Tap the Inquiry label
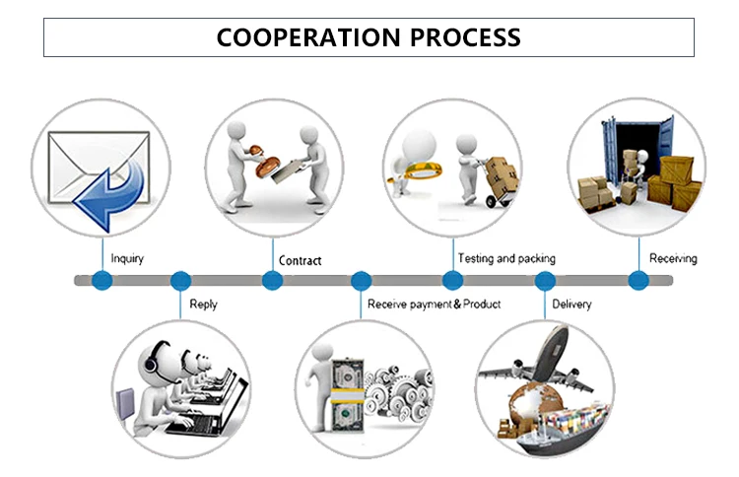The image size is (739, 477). [127, 259]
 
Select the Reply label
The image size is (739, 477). [203, 305]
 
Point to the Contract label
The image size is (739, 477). [300, 261]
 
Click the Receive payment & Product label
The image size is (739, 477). [434, 305]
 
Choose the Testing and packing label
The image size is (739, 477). [506, 258]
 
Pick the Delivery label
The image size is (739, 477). [571, 305]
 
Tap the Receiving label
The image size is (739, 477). [673, 258]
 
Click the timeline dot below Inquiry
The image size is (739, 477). [101, 281]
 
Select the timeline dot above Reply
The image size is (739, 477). [180, 281]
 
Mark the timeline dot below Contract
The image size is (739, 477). [273, 281]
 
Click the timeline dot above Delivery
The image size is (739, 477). [545, 281]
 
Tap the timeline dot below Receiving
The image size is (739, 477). [639, 281]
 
